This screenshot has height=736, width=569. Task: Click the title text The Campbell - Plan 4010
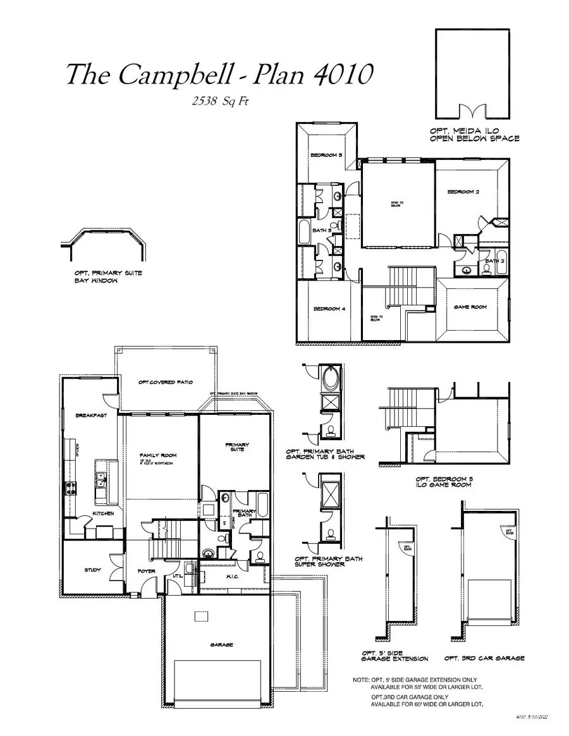(217, 75)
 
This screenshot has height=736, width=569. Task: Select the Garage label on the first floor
(221, 645)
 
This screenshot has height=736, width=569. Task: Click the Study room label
(92, 570)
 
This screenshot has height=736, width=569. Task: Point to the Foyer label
(147, 572)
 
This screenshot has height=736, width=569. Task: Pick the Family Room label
(158, 456)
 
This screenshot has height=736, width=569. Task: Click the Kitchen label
(103, 513)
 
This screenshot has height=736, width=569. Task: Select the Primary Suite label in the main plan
(237, 447)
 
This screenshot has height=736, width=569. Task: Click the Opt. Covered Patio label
(165, 383)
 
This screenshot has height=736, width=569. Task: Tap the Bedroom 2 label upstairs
(463, 192)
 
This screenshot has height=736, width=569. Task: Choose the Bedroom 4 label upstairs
(329, 309)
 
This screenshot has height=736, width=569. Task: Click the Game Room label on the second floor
(470, 307)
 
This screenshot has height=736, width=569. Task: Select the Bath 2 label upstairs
(494, 261)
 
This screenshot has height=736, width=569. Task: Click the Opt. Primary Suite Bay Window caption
(108, 277)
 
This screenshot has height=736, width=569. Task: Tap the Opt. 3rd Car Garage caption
(484, 658)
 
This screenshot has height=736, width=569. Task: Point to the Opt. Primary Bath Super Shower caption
(329, 561)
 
